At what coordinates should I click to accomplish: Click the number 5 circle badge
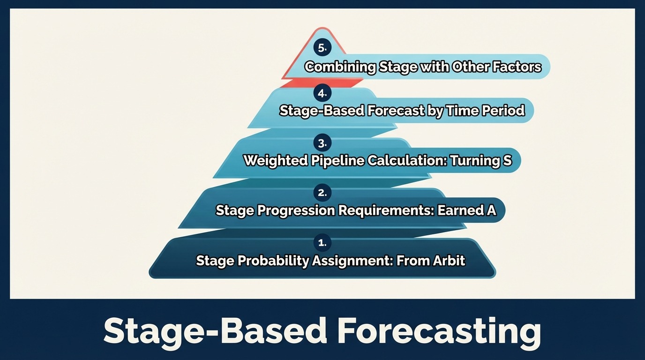pos(322,48)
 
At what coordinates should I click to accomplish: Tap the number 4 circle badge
pos(322,93)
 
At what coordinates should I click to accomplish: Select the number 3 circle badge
pos(322,143)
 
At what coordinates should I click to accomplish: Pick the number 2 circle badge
pos(322,193)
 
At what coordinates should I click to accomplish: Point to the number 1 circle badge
pos(322,243)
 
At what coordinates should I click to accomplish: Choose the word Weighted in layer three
pos(276,161)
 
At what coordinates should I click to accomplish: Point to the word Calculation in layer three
pos(407,161)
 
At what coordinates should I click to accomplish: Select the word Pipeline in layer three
pos(337,161)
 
